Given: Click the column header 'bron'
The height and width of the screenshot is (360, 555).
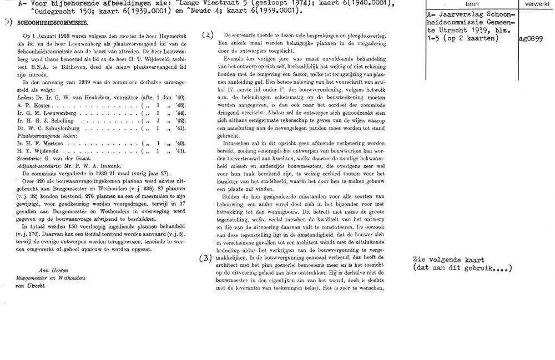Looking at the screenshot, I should (x=470, y=3).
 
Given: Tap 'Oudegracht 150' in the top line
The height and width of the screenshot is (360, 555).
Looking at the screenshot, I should (x=59, y=12).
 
